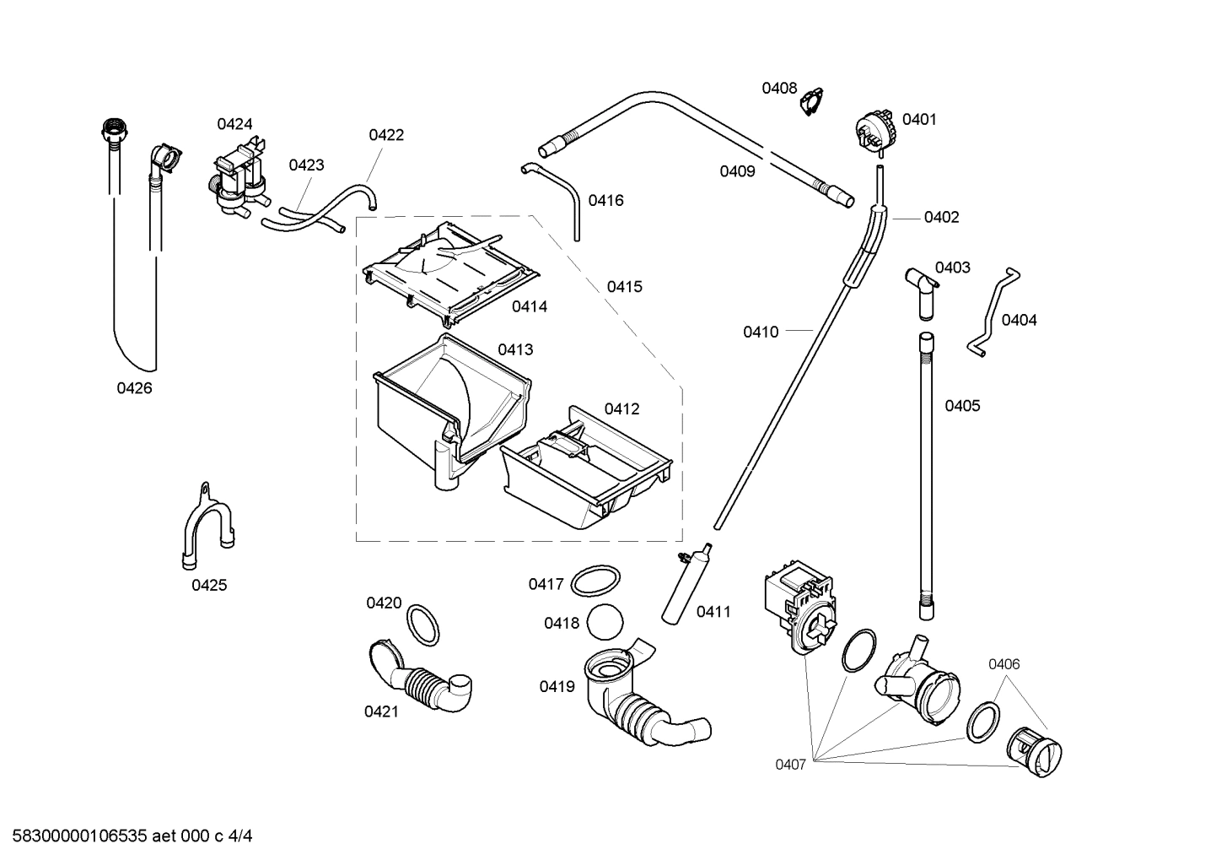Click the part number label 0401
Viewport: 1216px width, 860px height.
919,120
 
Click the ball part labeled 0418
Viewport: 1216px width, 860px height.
604,624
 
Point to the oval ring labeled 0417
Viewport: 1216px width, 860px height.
596,581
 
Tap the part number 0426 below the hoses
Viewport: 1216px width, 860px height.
134,389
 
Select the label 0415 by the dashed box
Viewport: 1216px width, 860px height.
624,287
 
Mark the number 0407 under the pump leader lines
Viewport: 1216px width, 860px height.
791,765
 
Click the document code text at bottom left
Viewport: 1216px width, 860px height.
126,836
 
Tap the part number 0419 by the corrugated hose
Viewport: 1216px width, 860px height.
557,687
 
